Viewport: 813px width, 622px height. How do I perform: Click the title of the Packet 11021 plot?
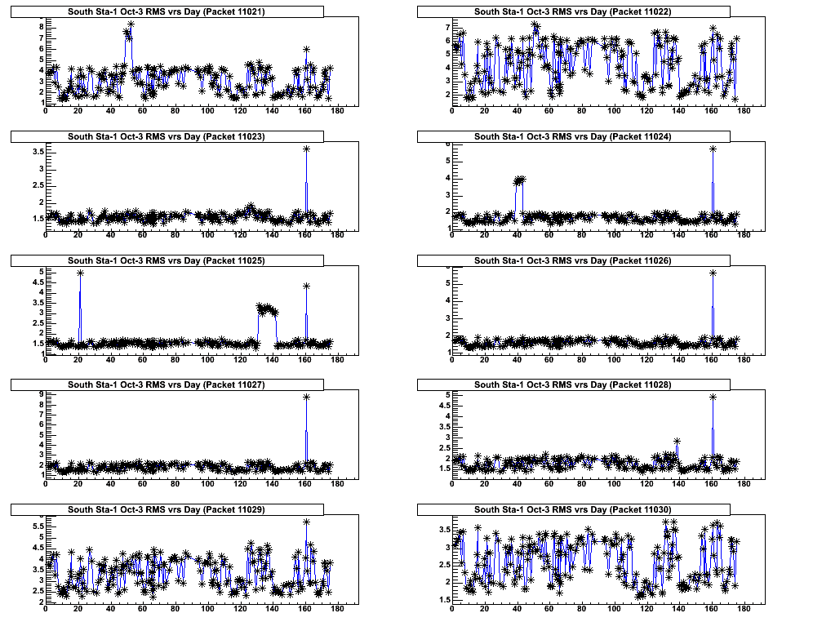(x=167, y=11)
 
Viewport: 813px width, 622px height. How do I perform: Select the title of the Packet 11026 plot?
(x=574, y=260)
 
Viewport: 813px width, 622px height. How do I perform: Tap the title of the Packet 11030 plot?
(x=574, y=509)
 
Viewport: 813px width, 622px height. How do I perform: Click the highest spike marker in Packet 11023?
(x=306, y=149)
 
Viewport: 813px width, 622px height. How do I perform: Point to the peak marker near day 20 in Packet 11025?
(x=80, y=273)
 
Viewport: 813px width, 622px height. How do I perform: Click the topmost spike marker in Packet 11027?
(x=306, y=397)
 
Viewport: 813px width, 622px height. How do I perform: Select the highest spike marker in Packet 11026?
(x=713, y=273)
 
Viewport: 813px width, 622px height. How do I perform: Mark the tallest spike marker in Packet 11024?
(x=713, y=149)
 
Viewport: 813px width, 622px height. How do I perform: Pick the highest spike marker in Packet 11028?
(x=713, y=398)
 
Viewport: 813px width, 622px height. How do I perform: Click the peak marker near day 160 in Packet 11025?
(x=306, y=286)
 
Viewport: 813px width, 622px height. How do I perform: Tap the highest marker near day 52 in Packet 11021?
(x=131, y=24)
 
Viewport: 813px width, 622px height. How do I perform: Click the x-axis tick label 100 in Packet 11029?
(x=207, y=609)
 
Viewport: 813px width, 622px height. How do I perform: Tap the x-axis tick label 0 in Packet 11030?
(x=452, y=609)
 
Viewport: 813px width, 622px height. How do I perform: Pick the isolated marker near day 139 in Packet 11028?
(x=677, y=442)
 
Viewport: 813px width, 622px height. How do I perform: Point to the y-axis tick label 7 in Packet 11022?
(x=446, y=27)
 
